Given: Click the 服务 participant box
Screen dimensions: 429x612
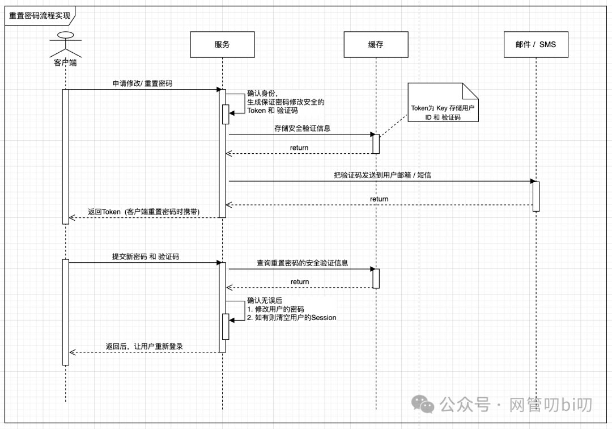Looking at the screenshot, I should coord(222,44).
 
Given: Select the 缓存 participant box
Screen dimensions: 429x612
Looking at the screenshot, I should coord(376,44).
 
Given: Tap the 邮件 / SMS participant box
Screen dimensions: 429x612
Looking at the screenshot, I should coord(535,44).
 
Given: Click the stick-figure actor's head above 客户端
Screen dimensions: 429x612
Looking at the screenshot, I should coord(66,35).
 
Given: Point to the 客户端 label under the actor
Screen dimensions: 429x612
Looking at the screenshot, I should coord(66,62).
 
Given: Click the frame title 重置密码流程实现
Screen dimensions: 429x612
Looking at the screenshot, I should coord(40,15).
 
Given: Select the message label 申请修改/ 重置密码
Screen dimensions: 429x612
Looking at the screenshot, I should coord(142,83).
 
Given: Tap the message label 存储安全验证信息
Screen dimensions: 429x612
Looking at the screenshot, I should coord(302,128).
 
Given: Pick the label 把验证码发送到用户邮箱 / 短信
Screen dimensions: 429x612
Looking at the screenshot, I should coord(382,175).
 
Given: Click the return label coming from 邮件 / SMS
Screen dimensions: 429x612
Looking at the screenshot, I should coord(379,199).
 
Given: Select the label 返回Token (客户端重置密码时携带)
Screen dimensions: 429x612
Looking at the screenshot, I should coord(143,212).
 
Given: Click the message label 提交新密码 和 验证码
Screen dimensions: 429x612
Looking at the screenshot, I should coord(145,256).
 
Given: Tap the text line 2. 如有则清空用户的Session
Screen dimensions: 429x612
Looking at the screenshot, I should coord(292,318).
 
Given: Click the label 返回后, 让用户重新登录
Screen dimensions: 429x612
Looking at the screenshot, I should coord(144,346).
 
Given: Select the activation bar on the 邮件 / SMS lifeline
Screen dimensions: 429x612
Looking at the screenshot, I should coord(535,196).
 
